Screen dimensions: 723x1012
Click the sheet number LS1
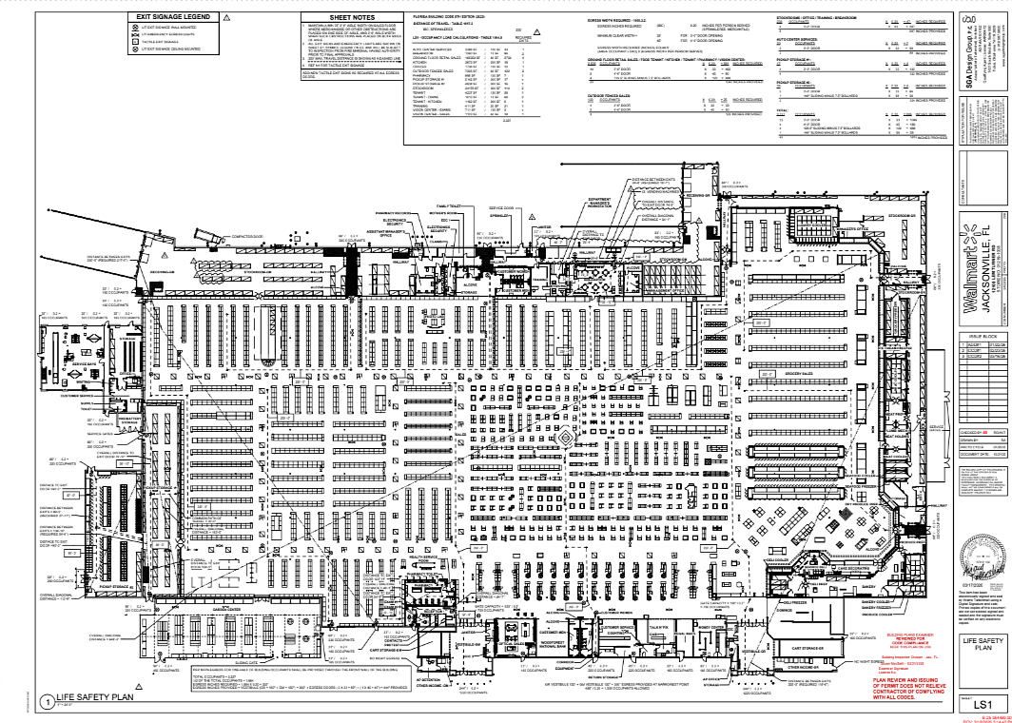pyautogui.click(x=982, y=704)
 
